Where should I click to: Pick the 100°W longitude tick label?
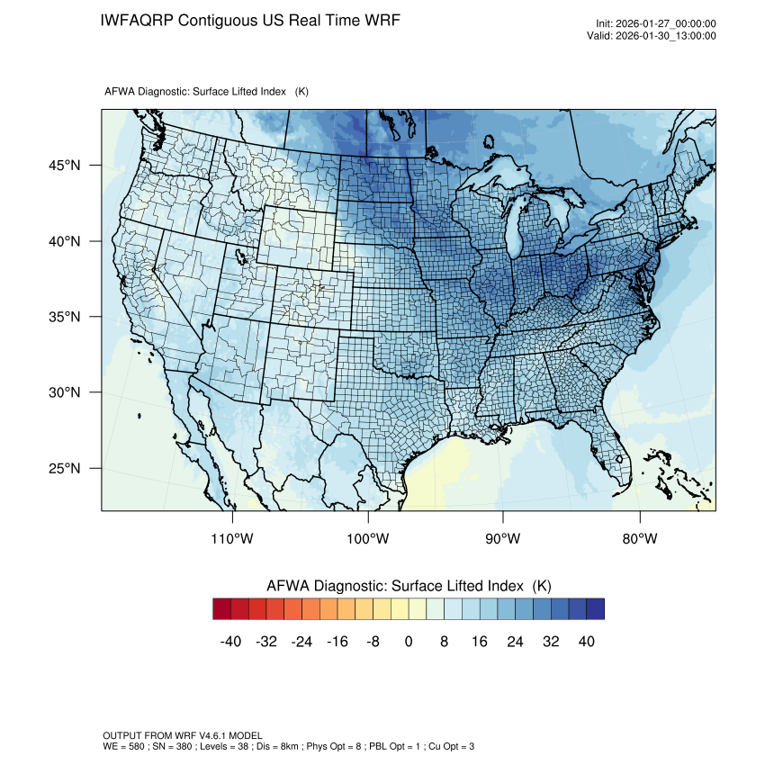(368, 539)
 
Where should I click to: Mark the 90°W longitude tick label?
(504, 539)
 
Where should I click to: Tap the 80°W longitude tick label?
(639, 539)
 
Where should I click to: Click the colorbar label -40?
(231, 642)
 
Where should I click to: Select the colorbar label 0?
(409, 642)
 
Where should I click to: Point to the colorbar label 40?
(586, 642)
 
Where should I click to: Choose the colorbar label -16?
(337, 642)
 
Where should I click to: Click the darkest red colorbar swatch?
(222, 609)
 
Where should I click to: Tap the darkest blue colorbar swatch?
(595, 609)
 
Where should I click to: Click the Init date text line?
(656, 23)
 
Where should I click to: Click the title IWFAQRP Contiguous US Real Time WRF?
(250, 20)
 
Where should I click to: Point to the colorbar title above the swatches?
(409, 586)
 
